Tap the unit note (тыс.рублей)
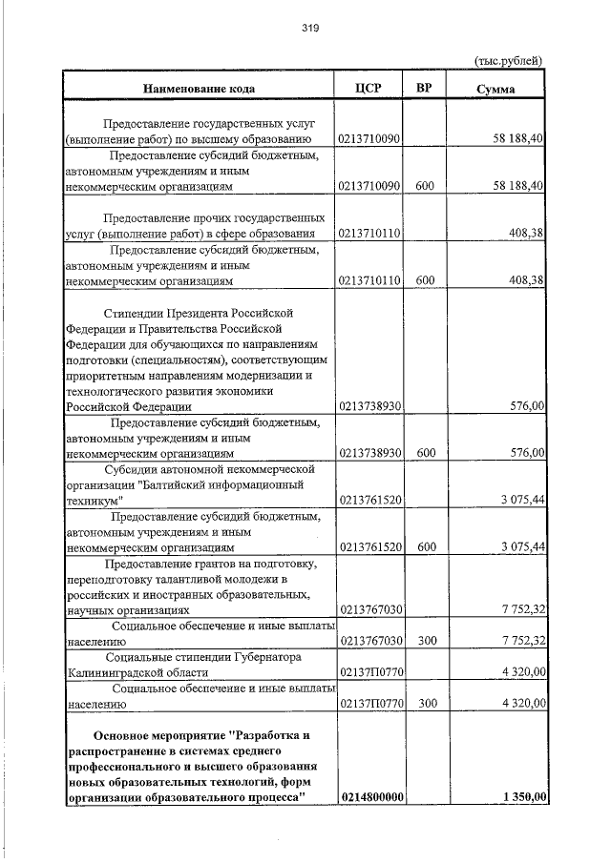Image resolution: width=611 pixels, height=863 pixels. tap(508, 60)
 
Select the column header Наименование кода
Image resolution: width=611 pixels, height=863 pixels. tap(200, 89)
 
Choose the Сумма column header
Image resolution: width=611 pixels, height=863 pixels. tap(496, 89)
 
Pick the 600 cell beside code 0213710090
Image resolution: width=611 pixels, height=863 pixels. tap(426, 185)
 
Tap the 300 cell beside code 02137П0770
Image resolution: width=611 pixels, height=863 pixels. tap(426, 703)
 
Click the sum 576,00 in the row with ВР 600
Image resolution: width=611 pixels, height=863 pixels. tap(527, 452)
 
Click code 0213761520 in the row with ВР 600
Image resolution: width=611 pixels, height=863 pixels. tap(370, 546)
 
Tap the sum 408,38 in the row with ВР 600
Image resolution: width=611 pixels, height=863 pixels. tap(527, 280)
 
